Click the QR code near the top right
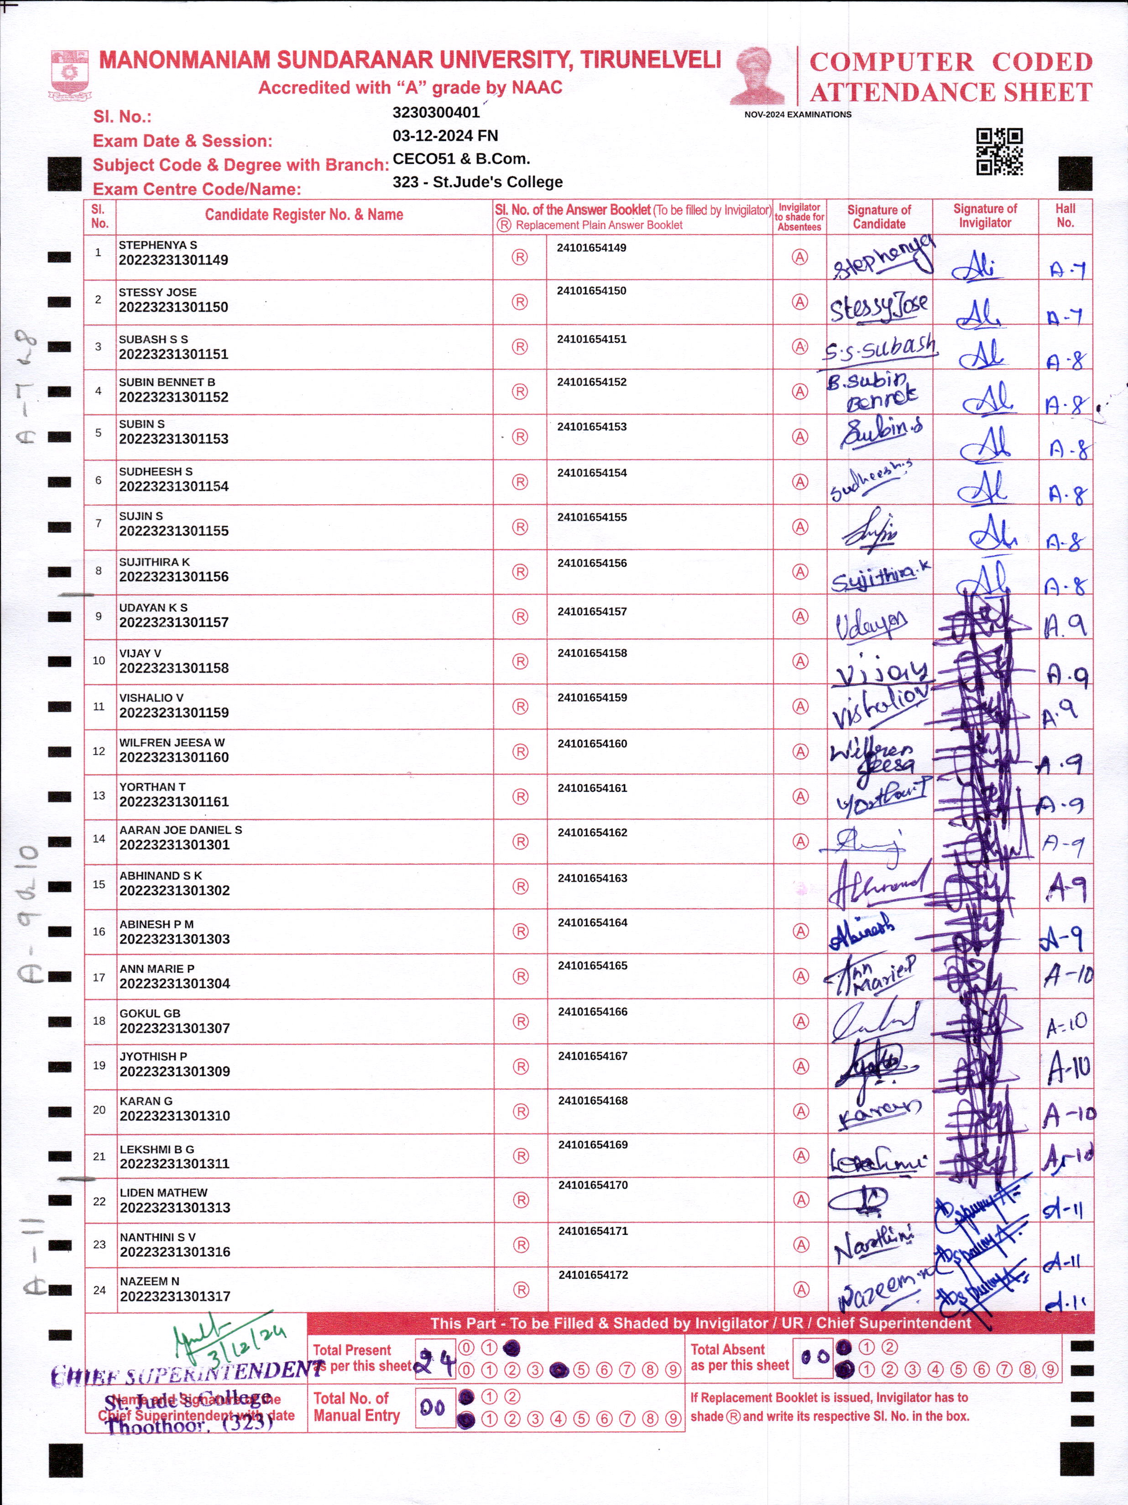click(999, 152)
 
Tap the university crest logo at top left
click(69, 74)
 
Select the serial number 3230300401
click(436, 112)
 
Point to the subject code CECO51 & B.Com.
click(460, 158)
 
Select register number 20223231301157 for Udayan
click(173, 622)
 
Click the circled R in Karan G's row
click(521, 1111)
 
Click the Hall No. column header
click(1065, 216)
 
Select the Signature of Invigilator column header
click(984, 216)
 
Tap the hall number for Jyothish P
click(1069, 1067)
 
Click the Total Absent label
click(727, 1350)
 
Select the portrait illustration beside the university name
click(757, 75)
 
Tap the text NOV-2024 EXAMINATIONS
click(797, 114)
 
